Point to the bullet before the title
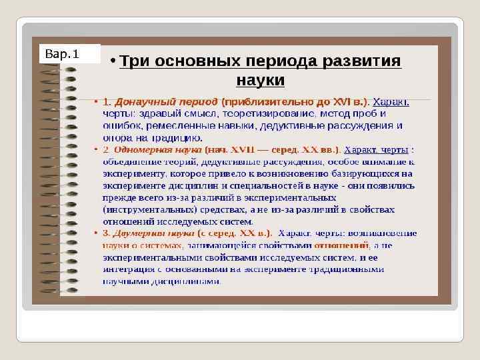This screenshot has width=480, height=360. (x=114, y=61)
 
